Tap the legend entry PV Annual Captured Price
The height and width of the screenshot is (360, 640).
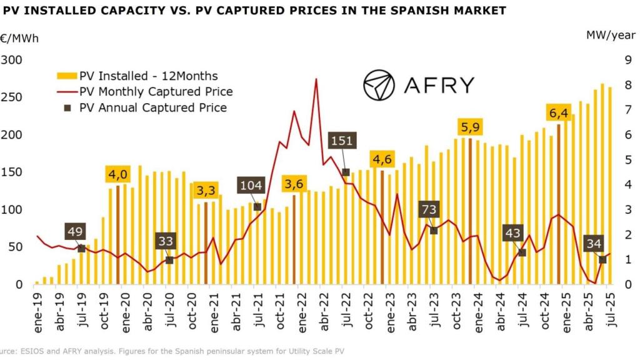tap(152, 107)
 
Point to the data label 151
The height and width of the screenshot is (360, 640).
tap(342, 141)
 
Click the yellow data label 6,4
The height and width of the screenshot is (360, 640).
tap(559, 112)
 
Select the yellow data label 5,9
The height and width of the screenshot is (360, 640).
tap(471, 127)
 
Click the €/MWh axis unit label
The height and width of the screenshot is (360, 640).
tap(19, 38)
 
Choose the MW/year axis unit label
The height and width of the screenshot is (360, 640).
tap(609, 36)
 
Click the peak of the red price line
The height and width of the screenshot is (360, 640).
tap(316, 79)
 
